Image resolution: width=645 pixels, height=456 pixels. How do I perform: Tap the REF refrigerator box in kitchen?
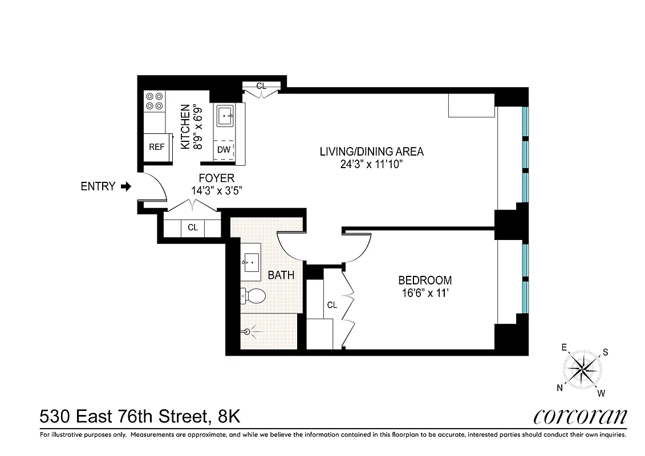[157, 147]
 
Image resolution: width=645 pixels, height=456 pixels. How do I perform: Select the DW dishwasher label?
[224, 150]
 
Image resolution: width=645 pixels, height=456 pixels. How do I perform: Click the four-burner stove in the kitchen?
[154, 101]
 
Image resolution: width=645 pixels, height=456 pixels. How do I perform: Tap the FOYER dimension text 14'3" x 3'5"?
[216, 191]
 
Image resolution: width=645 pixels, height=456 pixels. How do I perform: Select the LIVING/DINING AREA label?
[371, 152]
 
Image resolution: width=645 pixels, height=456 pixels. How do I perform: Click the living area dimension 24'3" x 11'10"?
[371, 164]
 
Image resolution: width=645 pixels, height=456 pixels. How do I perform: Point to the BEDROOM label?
[425, 280]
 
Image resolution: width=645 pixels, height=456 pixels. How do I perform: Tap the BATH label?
[281, 275]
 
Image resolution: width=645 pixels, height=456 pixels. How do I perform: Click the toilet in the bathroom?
[253, 295]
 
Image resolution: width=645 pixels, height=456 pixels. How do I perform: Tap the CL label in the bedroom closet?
[332, 305]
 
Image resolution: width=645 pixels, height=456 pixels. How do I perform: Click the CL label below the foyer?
[193, 227]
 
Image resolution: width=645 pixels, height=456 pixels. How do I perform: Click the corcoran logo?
[580, 417]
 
